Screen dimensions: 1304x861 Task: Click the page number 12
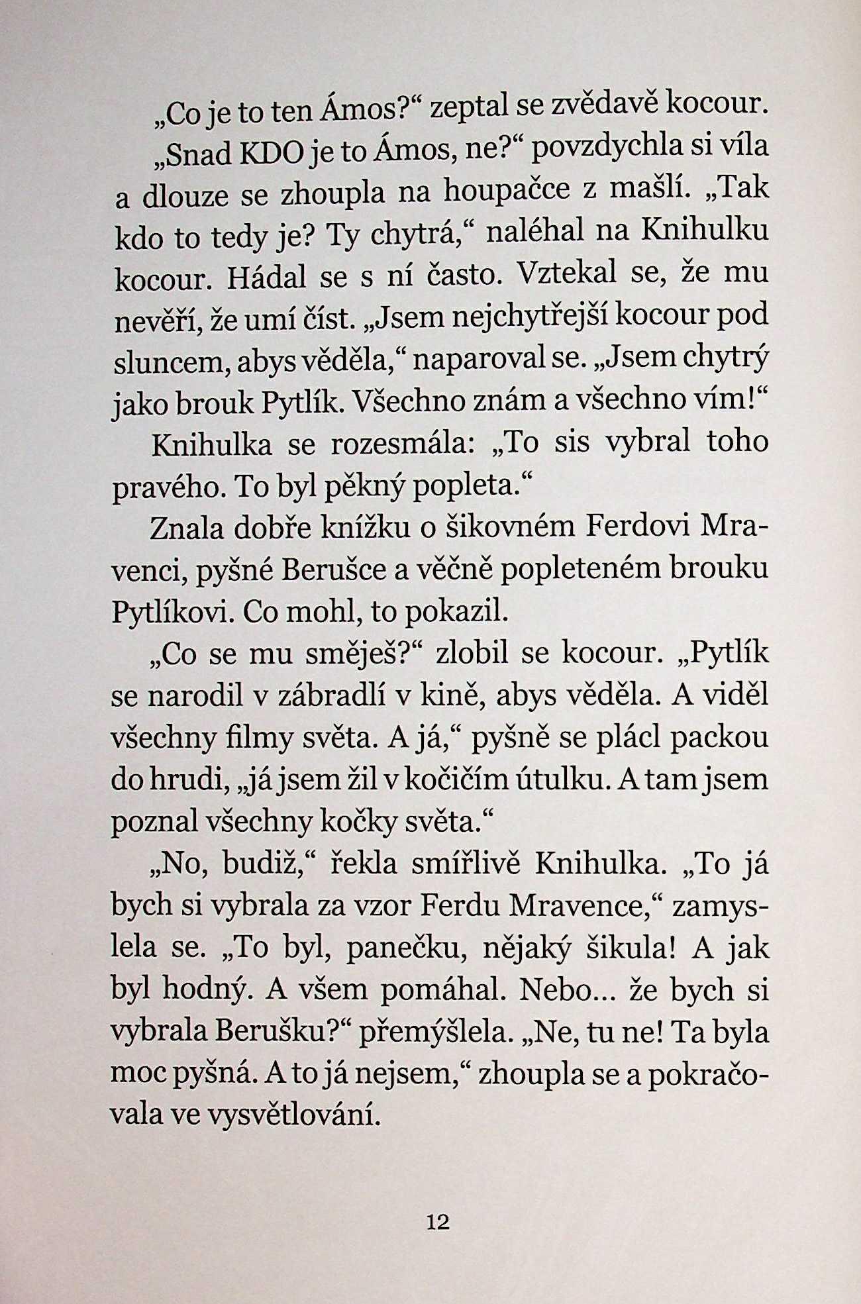pyautogui.click(x=438, y=1221)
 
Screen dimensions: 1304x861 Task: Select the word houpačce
pyautogui.click(x=507, y=191)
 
